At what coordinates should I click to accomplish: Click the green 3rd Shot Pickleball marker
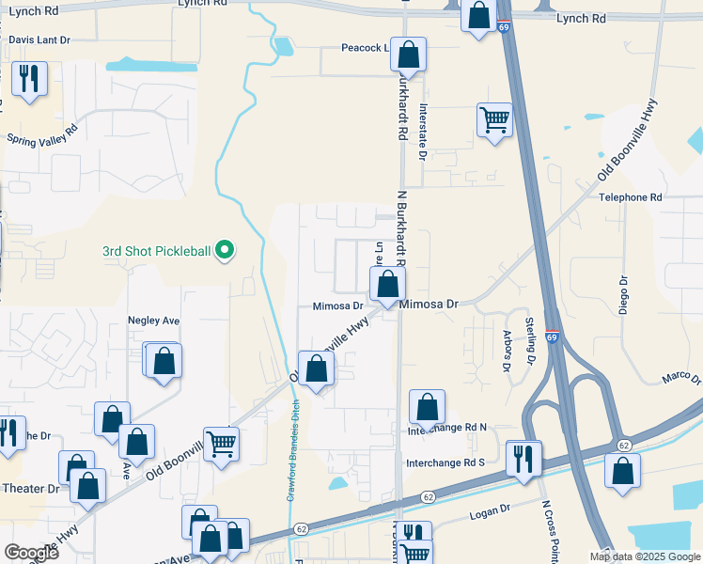[x=224, y=251]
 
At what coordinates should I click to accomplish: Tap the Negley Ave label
[x=153, y=321]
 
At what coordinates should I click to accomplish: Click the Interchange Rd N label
[x=446, y=428]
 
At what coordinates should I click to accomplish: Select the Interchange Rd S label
[x=445, y=463]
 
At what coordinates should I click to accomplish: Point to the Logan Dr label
[x=489, y=508]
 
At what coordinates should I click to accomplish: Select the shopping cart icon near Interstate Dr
[x=494, y=119]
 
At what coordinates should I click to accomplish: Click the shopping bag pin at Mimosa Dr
[x=387, y=283]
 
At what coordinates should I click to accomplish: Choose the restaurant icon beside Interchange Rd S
[x=523, y=458]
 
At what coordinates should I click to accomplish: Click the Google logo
[x=31, y=553]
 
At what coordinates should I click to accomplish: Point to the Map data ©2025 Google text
[x=645, y=556]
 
